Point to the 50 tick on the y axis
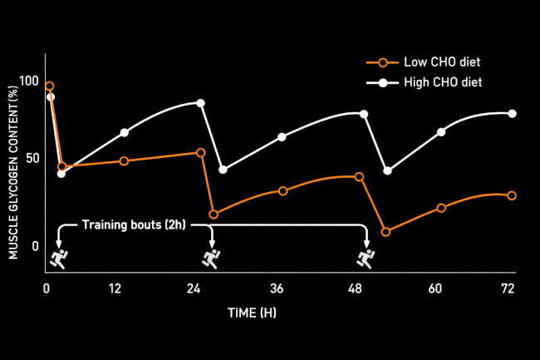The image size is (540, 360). [x=33, y=158]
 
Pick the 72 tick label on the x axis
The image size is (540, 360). [x=508, y=288]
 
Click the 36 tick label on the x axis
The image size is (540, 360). [x=277, y=288]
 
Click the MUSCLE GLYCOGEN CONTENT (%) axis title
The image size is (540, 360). [x=13, y=166]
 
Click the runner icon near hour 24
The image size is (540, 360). [x=212, y=258]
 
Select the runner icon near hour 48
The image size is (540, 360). [x=365, y=258]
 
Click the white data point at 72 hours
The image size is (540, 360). [x=512, y=114]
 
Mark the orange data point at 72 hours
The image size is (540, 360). [x=512, y=195]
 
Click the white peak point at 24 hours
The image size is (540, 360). [x=200, y=103]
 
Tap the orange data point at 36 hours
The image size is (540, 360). [x=283, y=191]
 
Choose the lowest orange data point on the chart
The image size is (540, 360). [x=385, y=231]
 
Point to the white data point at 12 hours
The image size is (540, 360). [x=125, y=133]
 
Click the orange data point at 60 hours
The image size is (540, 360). [x=441, y=208]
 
